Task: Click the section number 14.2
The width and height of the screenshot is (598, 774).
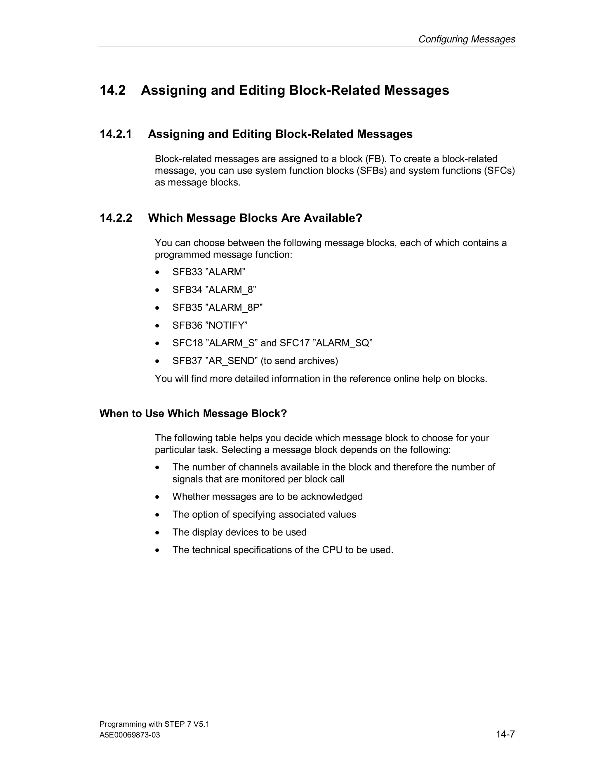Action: [113, 90]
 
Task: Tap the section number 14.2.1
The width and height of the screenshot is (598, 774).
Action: [116, 134]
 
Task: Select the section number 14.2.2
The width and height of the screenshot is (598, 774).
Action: [116, 218]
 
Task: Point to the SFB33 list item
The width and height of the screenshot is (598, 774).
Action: [187, 272]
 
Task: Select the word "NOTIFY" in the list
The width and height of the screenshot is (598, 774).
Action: [226, 325]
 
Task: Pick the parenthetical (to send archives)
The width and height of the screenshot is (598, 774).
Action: [299, 361]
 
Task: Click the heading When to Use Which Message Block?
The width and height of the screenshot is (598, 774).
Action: [193, 414]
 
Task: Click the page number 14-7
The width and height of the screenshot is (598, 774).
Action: [505, 735]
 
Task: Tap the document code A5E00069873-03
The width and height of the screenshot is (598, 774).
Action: [130, 735]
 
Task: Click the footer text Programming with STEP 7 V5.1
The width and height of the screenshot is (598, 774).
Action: [154, 724]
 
